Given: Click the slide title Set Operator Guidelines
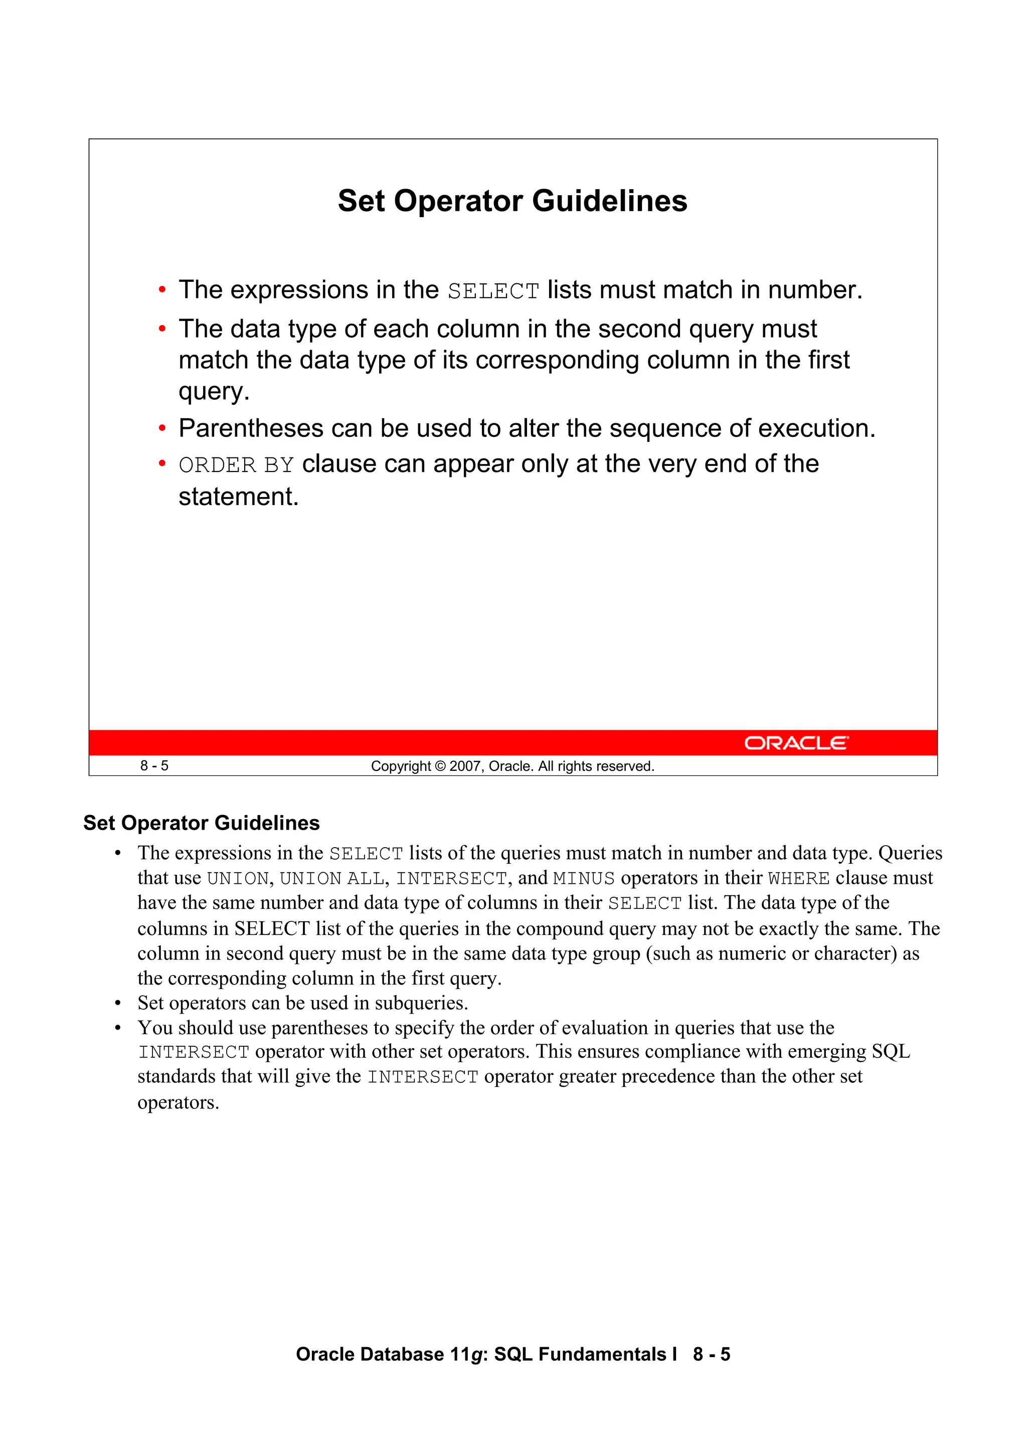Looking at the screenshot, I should (x=512, y=201).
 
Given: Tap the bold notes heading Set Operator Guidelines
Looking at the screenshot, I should (x=201, y=823).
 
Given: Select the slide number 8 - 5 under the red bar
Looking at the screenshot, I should (x=154, y=766).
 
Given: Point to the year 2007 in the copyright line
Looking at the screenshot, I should (x=465, y=766).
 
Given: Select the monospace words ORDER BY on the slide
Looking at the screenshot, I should (x=236, y=465).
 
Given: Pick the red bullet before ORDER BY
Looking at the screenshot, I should (x=162, y=464).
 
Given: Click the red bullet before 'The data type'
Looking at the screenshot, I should (x=162, y=329).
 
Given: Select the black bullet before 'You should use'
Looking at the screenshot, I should (x=118, y=1028).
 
